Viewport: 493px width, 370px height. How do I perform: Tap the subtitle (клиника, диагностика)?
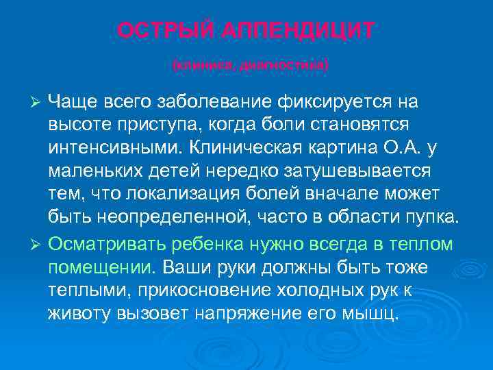251,66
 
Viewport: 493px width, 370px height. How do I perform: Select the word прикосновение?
203,289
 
